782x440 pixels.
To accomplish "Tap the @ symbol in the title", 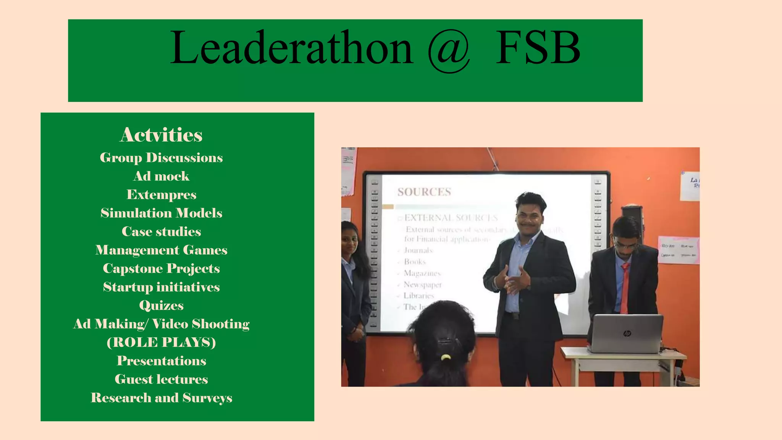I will click(x=449, y=51).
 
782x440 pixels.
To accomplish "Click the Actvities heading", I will click(x=161, y=135).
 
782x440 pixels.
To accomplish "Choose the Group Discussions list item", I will click(x=161, y=158).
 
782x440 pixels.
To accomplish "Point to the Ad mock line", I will click(x=161, y=176).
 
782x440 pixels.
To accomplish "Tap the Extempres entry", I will click(x=161, y=195).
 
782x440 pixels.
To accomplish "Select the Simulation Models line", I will click(x=161, y=213).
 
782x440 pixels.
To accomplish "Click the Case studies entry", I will click(x=161, y=231).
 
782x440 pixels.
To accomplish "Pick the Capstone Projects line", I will click(x=161, y=269).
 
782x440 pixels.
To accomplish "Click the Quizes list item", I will click(x=161, y=306).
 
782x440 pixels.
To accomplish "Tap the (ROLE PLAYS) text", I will click(x=161, y=342).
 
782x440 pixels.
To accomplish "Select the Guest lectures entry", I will click(x=161, y=379).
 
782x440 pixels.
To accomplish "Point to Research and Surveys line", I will click(x=161, y=398).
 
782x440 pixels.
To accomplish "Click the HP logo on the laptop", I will click(x=627, y=333).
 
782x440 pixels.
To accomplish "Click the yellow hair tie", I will click(x=446, y=357).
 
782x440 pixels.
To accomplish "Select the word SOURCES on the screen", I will click(x=424, y=192).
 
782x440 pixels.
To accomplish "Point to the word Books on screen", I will click(x=415, y=262).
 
